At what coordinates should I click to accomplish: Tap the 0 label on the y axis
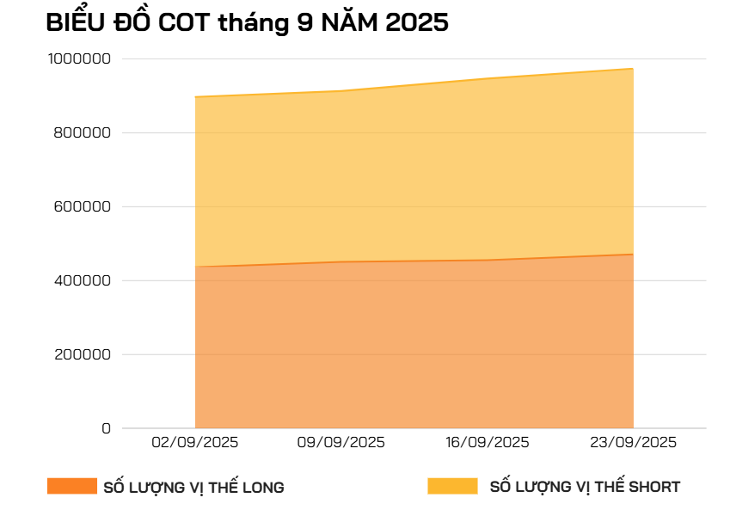tap(107, 428)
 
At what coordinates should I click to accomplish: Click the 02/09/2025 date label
tap(195, 442)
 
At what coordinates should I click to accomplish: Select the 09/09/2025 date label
tap(341, 442)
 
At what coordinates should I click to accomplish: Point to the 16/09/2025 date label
tap(488, 442)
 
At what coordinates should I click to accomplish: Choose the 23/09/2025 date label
tap(634, 442)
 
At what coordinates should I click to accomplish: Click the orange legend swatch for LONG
tap(72, 486)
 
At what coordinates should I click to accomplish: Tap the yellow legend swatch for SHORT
tap(452, 486)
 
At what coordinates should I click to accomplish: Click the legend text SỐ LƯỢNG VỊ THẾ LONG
tap(193, 488)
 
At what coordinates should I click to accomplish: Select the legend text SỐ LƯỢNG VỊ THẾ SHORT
tap(585, 487)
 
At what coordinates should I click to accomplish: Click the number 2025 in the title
tap(417, 24)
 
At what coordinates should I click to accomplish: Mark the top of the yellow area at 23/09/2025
tap(634, 69)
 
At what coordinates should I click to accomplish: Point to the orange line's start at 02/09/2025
tap(196, 267)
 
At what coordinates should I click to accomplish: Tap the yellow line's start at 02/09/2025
tap(196, 97)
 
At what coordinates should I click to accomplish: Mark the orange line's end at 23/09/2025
tap(634, 255)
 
